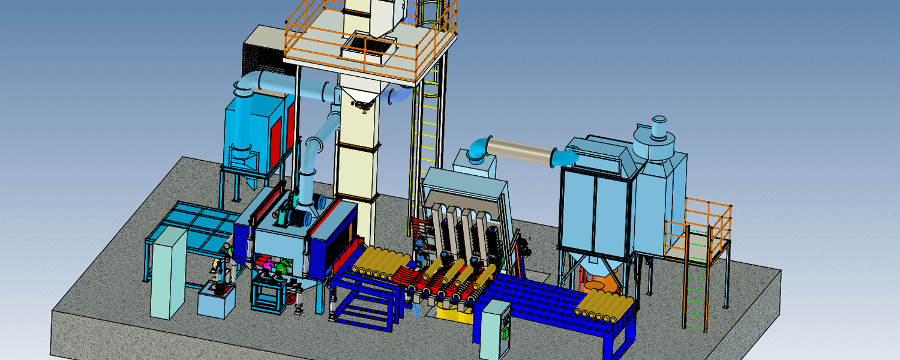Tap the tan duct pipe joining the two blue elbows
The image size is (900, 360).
point(520,151)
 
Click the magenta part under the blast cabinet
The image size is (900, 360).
point(268,265)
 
